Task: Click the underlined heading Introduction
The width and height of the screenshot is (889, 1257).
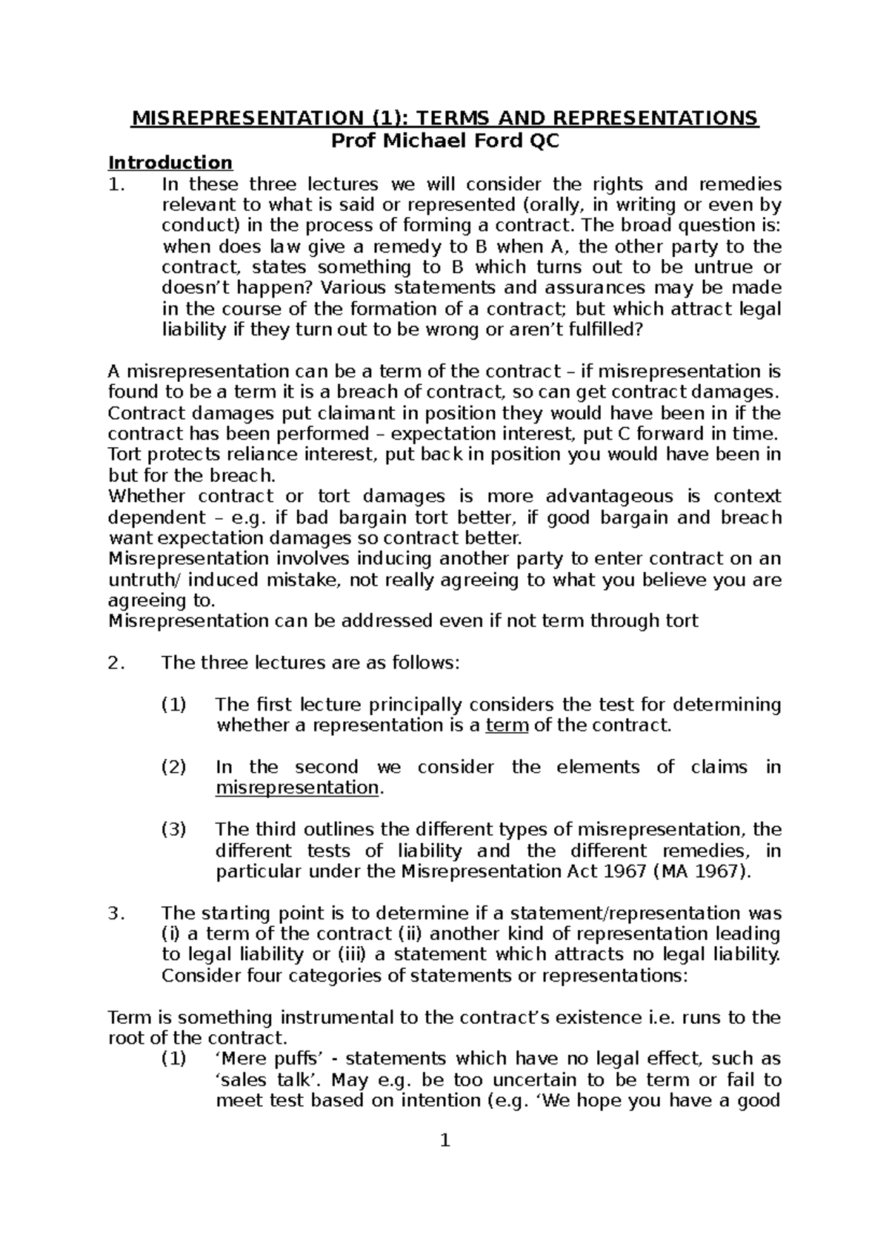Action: pos(170,162)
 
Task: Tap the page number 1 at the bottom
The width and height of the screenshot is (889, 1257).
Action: pos(445,1141)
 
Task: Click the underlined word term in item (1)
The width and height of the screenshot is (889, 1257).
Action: pos(507,725)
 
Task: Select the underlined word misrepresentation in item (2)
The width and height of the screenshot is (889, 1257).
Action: pos(297,788)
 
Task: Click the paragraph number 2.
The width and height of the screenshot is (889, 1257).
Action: pos(113,663)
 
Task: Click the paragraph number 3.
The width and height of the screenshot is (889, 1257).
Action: pos(113,913)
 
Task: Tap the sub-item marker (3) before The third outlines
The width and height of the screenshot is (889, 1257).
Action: pos(174,829)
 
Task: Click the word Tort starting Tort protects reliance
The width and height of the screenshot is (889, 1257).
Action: pos(124,454)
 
